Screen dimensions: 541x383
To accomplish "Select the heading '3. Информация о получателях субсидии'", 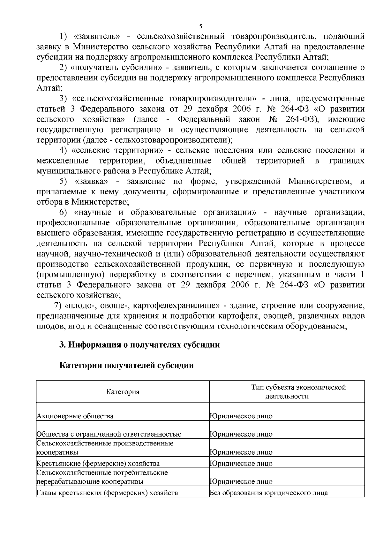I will pos(140,345).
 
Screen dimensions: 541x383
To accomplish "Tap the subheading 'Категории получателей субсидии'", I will pos(127,365).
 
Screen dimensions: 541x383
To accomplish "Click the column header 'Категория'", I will pos(123,392).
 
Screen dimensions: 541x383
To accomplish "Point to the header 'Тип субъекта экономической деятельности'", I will pos(287,392).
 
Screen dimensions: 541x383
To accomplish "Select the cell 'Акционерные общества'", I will pos(75,416).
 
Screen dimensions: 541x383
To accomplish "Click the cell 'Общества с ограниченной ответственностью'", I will pos(109,434).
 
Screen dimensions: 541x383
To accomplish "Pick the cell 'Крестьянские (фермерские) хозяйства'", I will pos(98,464).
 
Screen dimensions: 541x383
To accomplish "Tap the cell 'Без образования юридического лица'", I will pos(269,493).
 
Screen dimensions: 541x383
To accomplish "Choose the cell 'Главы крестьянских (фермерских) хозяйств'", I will pos(107,493).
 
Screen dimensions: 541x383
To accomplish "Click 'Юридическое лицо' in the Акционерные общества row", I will pos(241,416).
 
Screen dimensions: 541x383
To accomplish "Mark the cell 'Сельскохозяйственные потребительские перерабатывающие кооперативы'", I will pos(102,477).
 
